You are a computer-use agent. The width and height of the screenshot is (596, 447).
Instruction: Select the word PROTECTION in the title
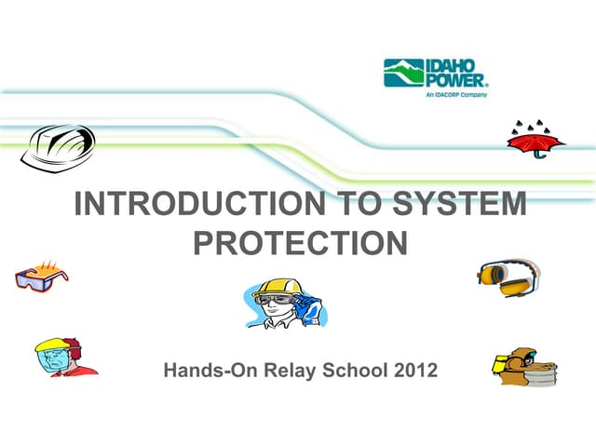click(300, 243)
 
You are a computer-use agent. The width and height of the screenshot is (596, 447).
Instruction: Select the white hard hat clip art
click(58, 144)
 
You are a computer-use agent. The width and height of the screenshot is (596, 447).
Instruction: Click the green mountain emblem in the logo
click(403, 72)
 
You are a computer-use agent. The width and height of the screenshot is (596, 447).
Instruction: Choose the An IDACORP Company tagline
click(455, 94)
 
